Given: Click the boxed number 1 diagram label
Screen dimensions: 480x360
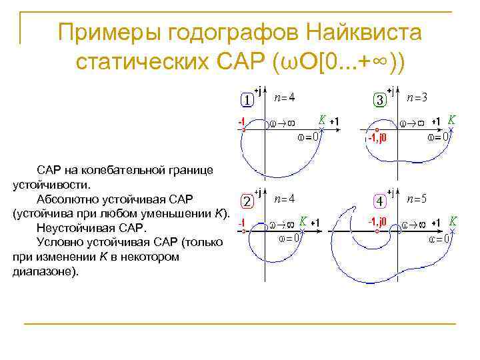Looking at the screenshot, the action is pos(246,100).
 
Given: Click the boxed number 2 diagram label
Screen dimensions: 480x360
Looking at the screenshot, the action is pos(246,201).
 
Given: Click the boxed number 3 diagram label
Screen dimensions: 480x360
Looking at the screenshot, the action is pos(379,100).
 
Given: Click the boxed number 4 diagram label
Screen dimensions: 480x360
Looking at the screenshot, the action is pos(379,201).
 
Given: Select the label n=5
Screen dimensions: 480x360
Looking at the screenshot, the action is pos(417,199).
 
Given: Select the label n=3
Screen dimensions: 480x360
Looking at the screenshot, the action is pos(417,97).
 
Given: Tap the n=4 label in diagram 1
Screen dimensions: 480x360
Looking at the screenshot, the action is pos(285,97).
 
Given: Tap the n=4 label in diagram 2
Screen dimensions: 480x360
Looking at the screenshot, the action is pos(285,199).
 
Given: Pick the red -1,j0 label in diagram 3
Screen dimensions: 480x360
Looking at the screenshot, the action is pos(377,139).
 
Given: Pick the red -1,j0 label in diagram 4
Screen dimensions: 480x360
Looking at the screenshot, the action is pos(379,221).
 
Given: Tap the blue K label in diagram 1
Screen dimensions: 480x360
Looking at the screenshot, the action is pos(322,120).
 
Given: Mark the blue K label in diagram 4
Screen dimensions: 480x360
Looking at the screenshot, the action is pos(453,221).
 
